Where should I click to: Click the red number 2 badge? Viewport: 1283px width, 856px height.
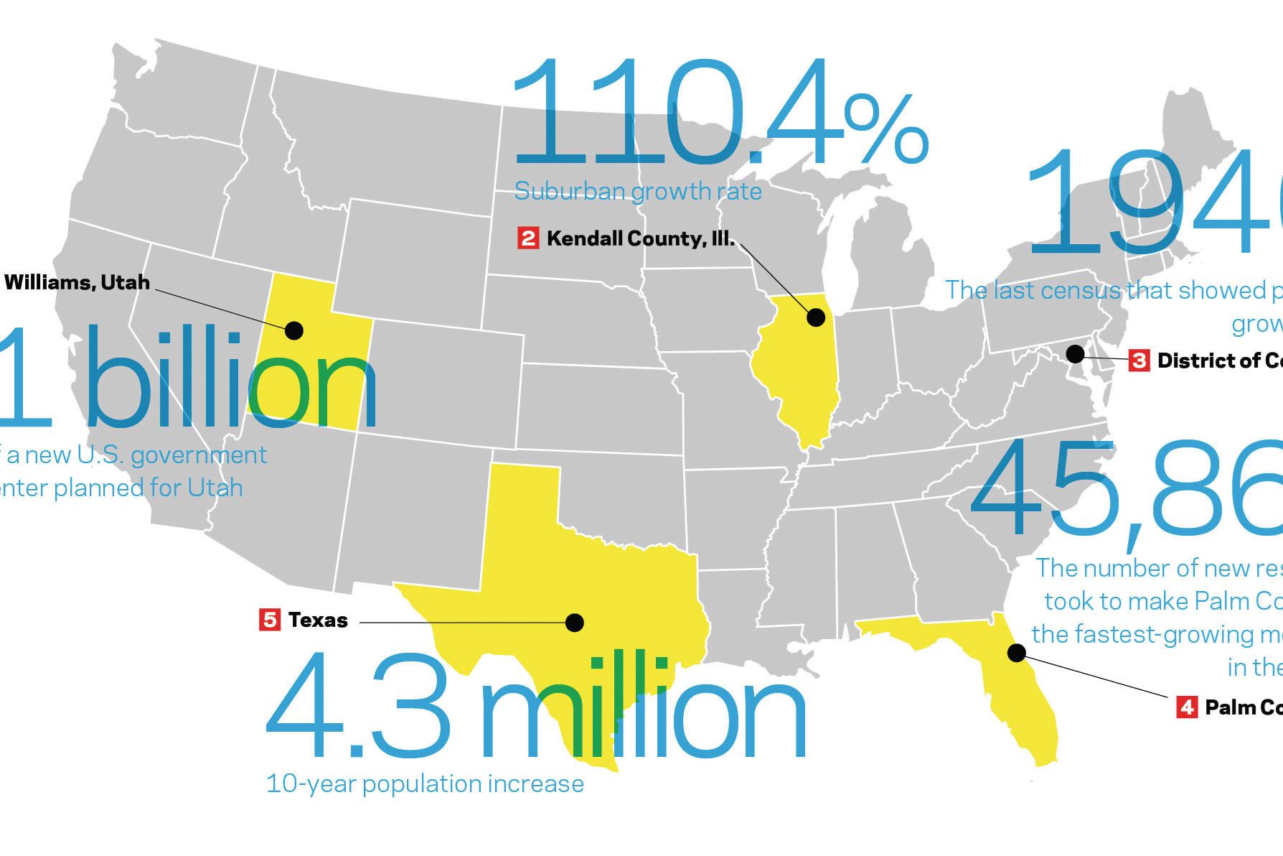(x=527, y=238)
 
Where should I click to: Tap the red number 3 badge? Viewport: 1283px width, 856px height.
(x=1139, y=360)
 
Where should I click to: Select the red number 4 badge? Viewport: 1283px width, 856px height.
(x=1187, y=707)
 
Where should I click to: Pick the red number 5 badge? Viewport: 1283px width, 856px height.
(x=270, y=620)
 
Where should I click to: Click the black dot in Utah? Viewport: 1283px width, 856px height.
(x=294, y=330)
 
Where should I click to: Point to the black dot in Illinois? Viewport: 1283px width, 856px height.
(x=816, y=317)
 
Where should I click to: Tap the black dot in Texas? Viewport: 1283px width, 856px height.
(x=574, y=623)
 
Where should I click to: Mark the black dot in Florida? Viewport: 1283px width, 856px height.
(x=1016, y=653)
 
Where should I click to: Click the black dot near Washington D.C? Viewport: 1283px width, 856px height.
(x=1075, y=354)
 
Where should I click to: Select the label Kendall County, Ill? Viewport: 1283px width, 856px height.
(x=641, y=238)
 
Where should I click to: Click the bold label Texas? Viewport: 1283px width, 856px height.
(x=318, y=620)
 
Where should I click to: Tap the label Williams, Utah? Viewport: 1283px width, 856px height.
(x=77, y=282)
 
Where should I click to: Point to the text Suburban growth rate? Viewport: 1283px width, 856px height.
(x=638, y=192)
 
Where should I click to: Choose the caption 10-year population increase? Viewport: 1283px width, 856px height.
(x=425, y=783)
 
